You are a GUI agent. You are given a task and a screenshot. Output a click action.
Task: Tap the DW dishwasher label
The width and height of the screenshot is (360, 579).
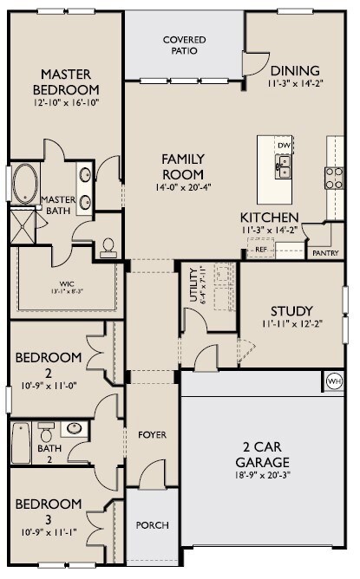click(x=283, y=144)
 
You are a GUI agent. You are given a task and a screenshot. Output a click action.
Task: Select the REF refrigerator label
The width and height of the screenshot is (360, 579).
click(x=260, y=250)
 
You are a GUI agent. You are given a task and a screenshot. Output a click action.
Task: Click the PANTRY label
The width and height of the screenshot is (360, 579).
click(x=324, y=254)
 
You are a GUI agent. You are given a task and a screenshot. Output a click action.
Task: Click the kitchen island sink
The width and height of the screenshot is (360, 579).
click(x=284, y=165)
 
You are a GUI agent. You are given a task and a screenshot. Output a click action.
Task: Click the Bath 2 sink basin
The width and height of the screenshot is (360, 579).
click(x=75, y=428)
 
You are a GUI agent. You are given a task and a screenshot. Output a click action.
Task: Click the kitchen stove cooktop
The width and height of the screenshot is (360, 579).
click(x=334, y=177)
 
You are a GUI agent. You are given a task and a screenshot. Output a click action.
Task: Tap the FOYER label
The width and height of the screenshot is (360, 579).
click(x=153, y=434)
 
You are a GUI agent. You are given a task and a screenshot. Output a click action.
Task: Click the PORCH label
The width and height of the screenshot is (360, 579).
click(x=153, y=525)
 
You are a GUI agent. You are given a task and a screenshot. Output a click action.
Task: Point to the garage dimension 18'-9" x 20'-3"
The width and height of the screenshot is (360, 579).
click(x=261, y=477)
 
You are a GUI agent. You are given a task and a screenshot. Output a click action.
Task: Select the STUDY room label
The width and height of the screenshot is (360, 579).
click(x=291, y=311)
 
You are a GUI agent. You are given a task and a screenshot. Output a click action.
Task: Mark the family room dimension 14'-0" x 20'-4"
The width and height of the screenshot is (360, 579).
click(x=183, y=185)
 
